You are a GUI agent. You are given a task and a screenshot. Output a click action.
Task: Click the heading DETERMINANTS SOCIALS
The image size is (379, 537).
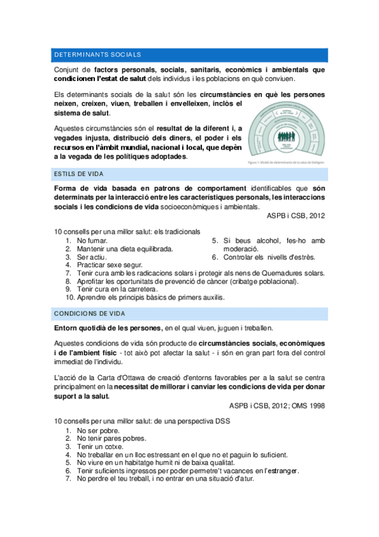tap(97, 55)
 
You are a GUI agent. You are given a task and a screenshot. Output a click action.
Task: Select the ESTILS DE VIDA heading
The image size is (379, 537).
tap(79, 174)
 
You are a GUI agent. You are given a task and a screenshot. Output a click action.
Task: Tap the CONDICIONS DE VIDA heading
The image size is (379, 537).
tap(89, 313)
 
